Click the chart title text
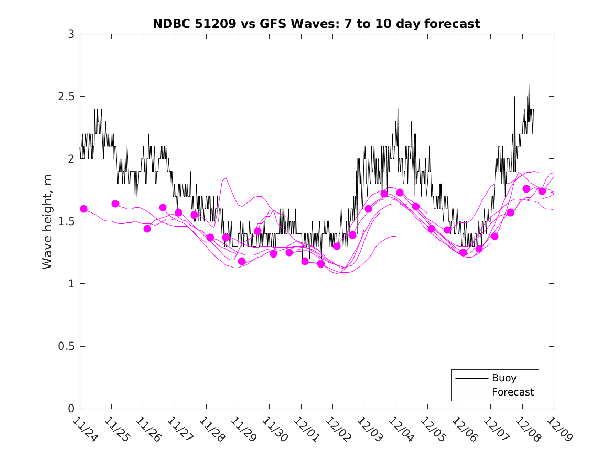[316, 24]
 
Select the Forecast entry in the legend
[512, 392]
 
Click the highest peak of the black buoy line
[529, 84]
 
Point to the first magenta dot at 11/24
[83, 209]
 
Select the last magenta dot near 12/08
[542, 191]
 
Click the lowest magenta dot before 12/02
[321, 263]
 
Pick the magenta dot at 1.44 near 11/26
[147, 229]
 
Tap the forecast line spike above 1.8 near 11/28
[226, 178]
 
